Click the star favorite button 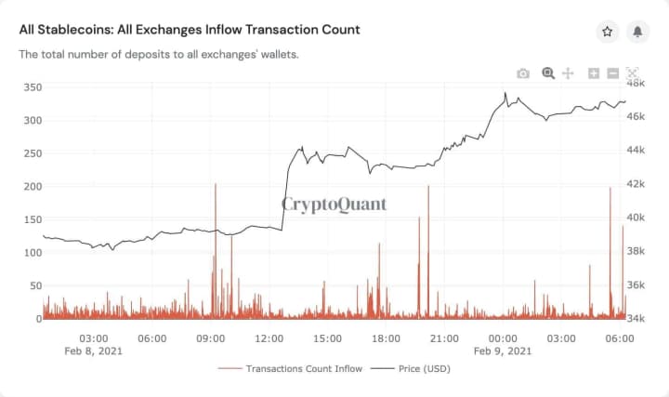(608, 32)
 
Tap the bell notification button (637, 32)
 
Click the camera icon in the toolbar (523, 73)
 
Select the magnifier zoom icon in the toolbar (548, 73)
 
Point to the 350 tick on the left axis (33, 87)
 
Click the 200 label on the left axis (33, 187)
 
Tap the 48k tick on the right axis (636, 83)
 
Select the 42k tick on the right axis (636, 184)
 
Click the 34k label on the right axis (636, 318)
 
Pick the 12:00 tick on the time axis (269, 337)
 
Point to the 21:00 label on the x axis (444, 337)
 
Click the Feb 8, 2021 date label (93, 351)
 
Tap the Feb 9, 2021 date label (503, 351)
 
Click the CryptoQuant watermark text (334, 205)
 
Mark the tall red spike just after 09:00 (216, 186)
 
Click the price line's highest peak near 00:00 (505, 93)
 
